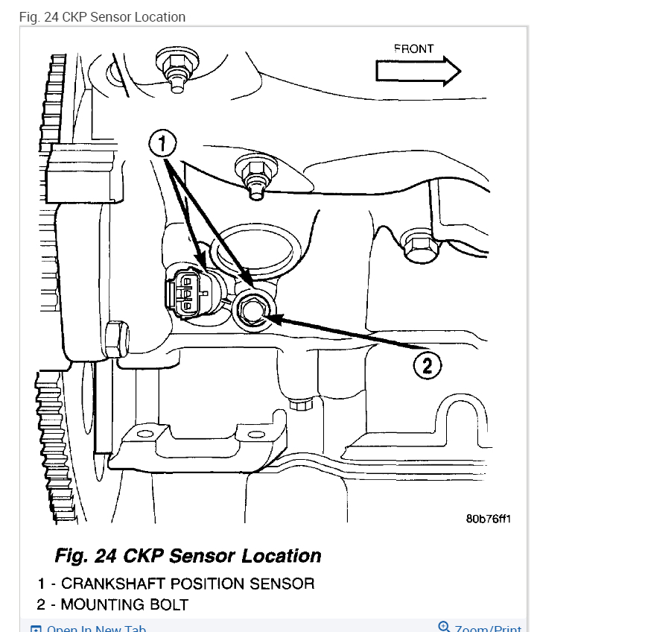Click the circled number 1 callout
tap(163, 143)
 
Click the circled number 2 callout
tap(427, 364)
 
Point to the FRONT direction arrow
tap(418, 72)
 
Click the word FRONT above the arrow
tap(413, 49)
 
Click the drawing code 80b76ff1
tap(488, 519)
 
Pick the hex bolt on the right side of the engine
tap(419, 246)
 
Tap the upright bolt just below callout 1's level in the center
tap(254, 177)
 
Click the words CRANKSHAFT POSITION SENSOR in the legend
tap(188, 584)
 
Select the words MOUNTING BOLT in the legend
tap(124, 604)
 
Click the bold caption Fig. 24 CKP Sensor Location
tap(188, 556)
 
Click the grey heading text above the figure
tap(102, 16)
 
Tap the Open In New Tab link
tap(96, 628)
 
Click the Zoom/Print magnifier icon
tap(445, 627)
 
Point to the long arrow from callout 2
tap(343, 334)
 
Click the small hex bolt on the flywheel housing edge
tap(115, 340)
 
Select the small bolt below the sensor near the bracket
tap(302, 405)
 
